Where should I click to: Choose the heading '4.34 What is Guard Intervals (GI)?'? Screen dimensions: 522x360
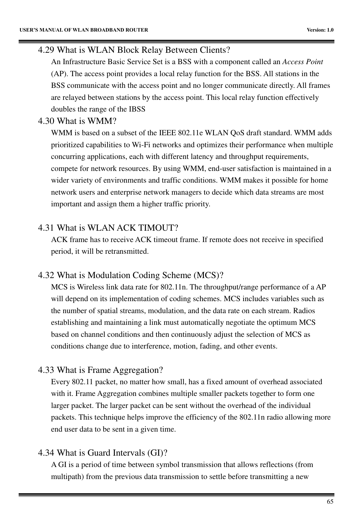(x=102, y=453)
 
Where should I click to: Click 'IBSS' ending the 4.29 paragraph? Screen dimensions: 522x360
(x=137, y=109)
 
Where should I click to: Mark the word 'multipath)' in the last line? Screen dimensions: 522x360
(x=67, y=476)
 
